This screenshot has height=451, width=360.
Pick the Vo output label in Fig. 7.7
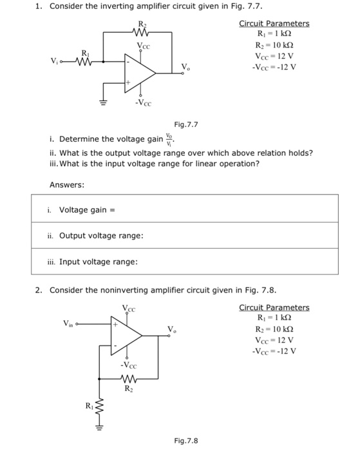click(185, 66)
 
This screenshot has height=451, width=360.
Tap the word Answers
click(66, 185)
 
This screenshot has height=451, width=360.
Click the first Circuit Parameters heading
click(274, 24)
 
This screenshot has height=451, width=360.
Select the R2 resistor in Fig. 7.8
click(128, 380)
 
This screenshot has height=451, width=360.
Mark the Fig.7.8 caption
click(185, 441)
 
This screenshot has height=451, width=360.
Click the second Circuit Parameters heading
click(274, 307)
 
